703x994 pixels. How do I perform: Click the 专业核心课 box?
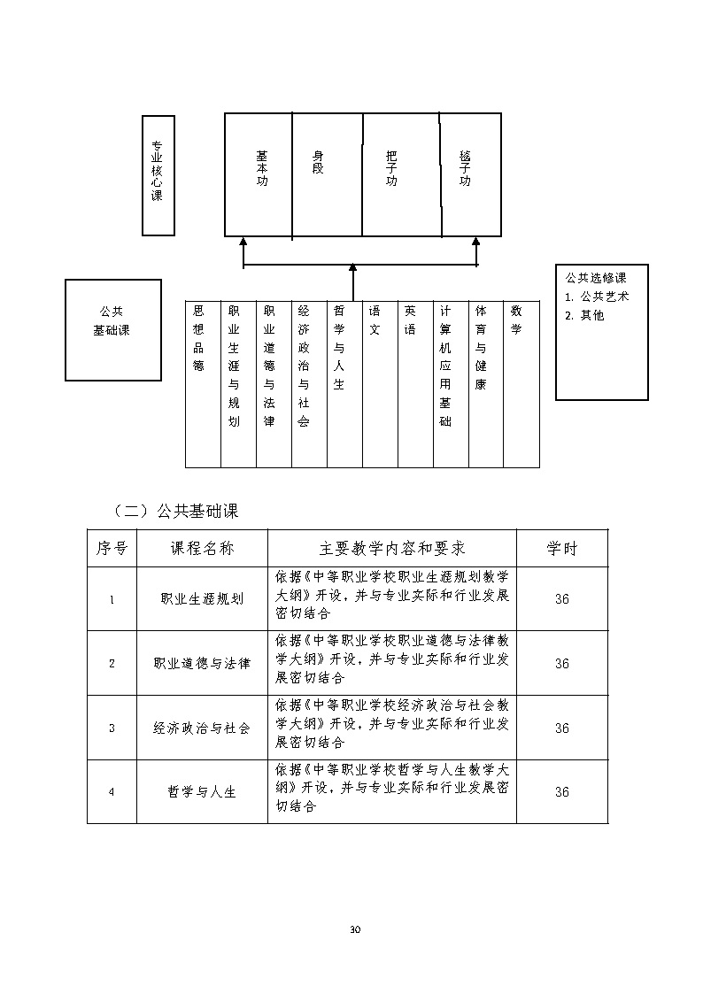pos(158,174)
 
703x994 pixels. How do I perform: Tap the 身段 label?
pos(318,162)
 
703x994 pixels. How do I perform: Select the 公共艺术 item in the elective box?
pos(603,297)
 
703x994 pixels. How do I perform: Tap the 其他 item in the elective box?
pos(591,315)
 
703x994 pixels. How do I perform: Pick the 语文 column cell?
pos(375,320)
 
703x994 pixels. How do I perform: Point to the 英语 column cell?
pos(410,320)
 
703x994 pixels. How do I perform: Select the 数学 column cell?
pos(516,320)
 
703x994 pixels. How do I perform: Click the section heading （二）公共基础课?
pos(176,511)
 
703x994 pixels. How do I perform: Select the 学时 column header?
pos(561,549)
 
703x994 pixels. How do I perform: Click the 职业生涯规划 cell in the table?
pos(202,599)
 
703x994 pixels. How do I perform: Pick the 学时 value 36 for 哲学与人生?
pos(561,792)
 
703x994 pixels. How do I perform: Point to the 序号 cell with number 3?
pos(112,728)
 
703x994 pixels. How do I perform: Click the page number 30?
pos(356,929)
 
